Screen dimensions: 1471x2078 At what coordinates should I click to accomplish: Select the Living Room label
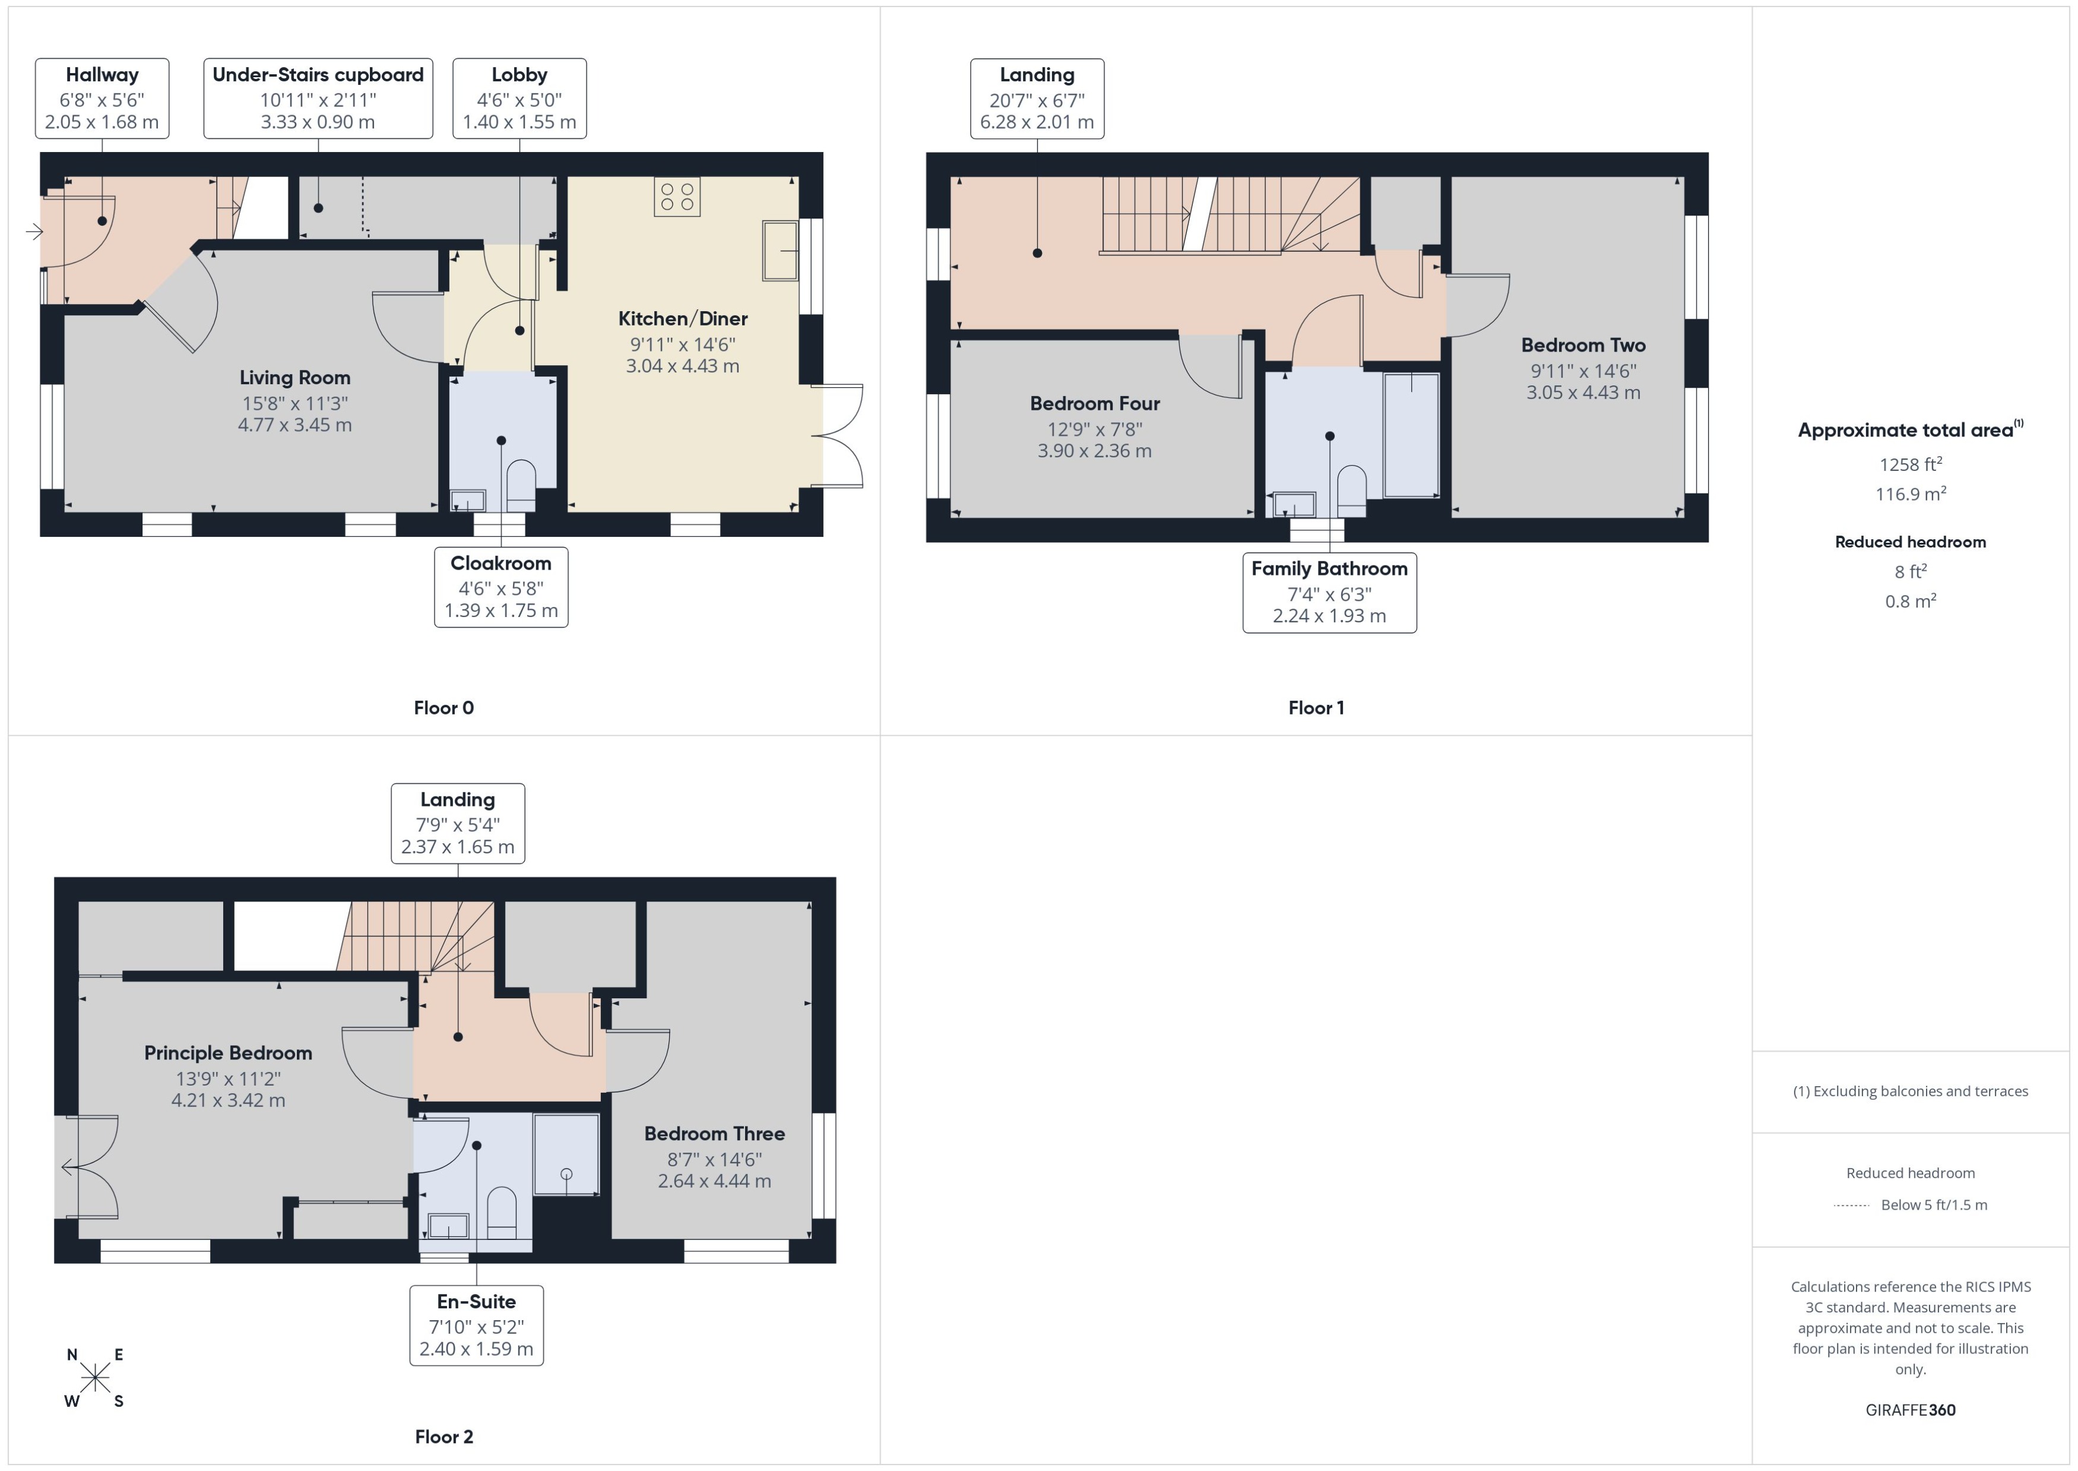click(294, 378)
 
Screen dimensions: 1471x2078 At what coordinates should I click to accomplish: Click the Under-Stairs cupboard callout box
click(318, 98)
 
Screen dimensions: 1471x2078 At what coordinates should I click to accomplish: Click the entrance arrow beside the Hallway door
click(34, 232)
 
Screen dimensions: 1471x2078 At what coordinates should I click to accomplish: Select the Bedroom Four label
click(1095, 404)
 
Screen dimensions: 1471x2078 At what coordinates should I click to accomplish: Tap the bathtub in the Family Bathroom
click(1411, 435)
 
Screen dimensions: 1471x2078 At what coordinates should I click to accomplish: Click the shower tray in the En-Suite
click(566, 1154)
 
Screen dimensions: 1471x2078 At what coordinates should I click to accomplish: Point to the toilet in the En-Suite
click(502, 1212)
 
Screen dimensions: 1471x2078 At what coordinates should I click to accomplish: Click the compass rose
click(94, 1378)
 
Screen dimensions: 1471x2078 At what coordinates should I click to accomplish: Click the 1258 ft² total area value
click(1909, 464)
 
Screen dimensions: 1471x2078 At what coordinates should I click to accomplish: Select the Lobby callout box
click(519, 98)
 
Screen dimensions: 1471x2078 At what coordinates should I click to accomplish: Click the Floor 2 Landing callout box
click(457, 823)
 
